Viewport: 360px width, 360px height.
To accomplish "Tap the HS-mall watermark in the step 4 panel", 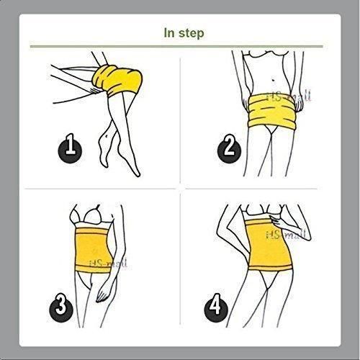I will pyautogui.click(x=283, y=235).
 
